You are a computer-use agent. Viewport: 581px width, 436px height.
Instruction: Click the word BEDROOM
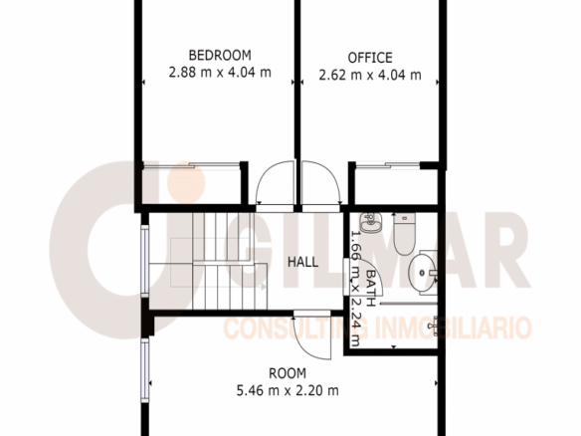pos(220,55)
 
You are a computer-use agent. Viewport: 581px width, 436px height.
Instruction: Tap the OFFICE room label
pos(370,58)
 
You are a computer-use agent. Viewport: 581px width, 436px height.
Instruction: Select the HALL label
pos(302,262)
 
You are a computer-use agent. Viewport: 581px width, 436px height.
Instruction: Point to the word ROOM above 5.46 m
pos(288,373)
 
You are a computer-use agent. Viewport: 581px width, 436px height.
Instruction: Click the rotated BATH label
pos(370,288)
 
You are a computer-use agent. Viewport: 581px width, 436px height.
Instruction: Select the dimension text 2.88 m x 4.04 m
pos(220,72)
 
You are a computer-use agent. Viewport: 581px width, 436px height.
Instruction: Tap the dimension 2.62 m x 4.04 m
pos(370,75)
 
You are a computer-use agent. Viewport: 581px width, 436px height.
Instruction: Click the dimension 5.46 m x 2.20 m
pos(288,390)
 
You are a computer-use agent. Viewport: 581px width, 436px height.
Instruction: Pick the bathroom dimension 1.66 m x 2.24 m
pos(355,288)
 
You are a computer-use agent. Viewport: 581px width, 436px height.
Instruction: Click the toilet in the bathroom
pos(404,234)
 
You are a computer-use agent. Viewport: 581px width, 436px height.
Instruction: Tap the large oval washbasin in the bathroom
pos(423,273)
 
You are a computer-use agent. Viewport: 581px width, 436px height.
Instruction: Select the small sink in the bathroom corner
pos(370,222)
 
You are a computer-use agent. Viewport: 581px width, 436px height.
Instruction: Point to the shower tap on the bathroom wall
pos(433,327)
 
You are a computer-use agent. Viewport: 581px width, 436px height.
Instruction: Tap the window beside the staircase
pos(145,261)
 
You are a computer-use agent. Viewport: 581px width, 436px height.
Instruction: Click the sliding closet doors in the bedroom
pos(192,165)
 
